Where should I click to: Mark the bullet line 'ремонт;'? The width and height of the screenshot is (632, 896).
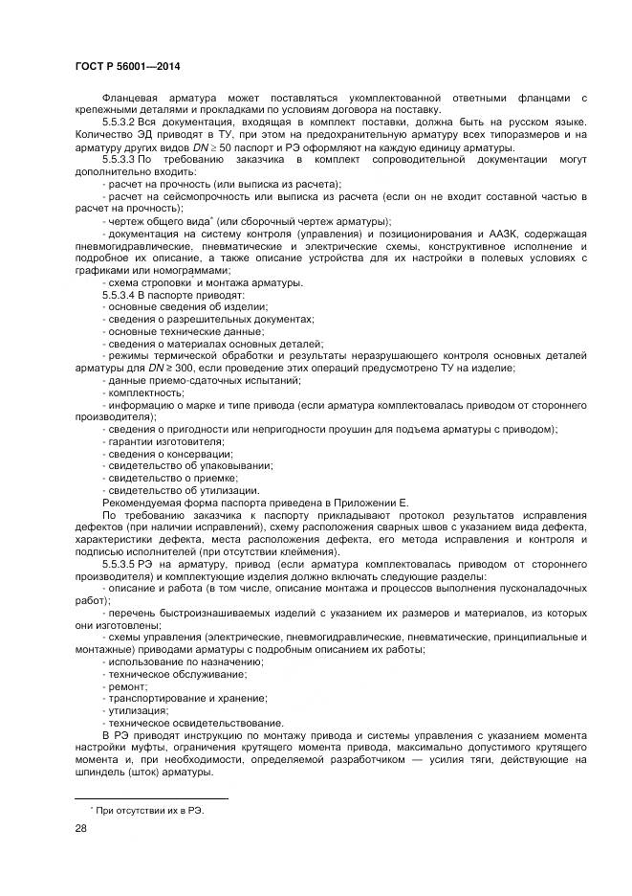pos(127,685)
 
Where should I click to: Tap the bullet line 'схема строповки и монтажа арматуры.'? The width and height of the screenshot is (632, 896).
pos(205,282)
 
